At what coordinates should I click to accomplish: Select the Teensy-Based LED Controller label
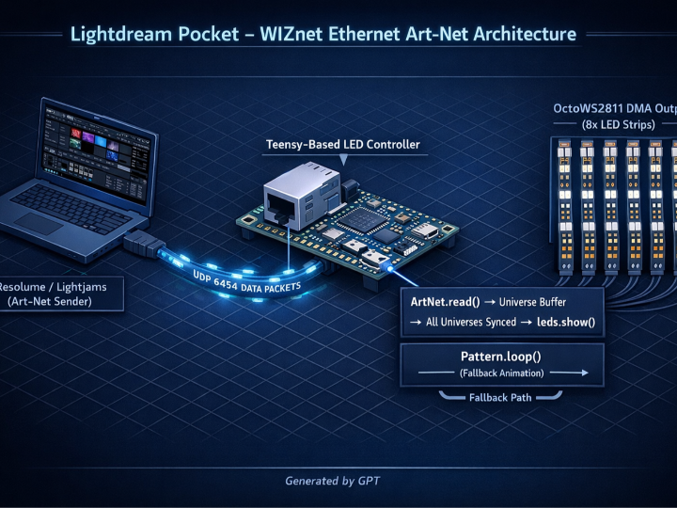pyautogui.click(x=343, y=145)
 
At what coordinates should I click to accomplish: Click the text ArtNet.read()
pyautogui.click(x=446, y=301)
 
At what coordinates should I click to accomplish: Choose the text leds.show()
pyautogui.click(x=559, y=322)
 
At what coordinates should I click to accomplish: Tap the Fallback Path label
pyautogui.click(x=501, y=397)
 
